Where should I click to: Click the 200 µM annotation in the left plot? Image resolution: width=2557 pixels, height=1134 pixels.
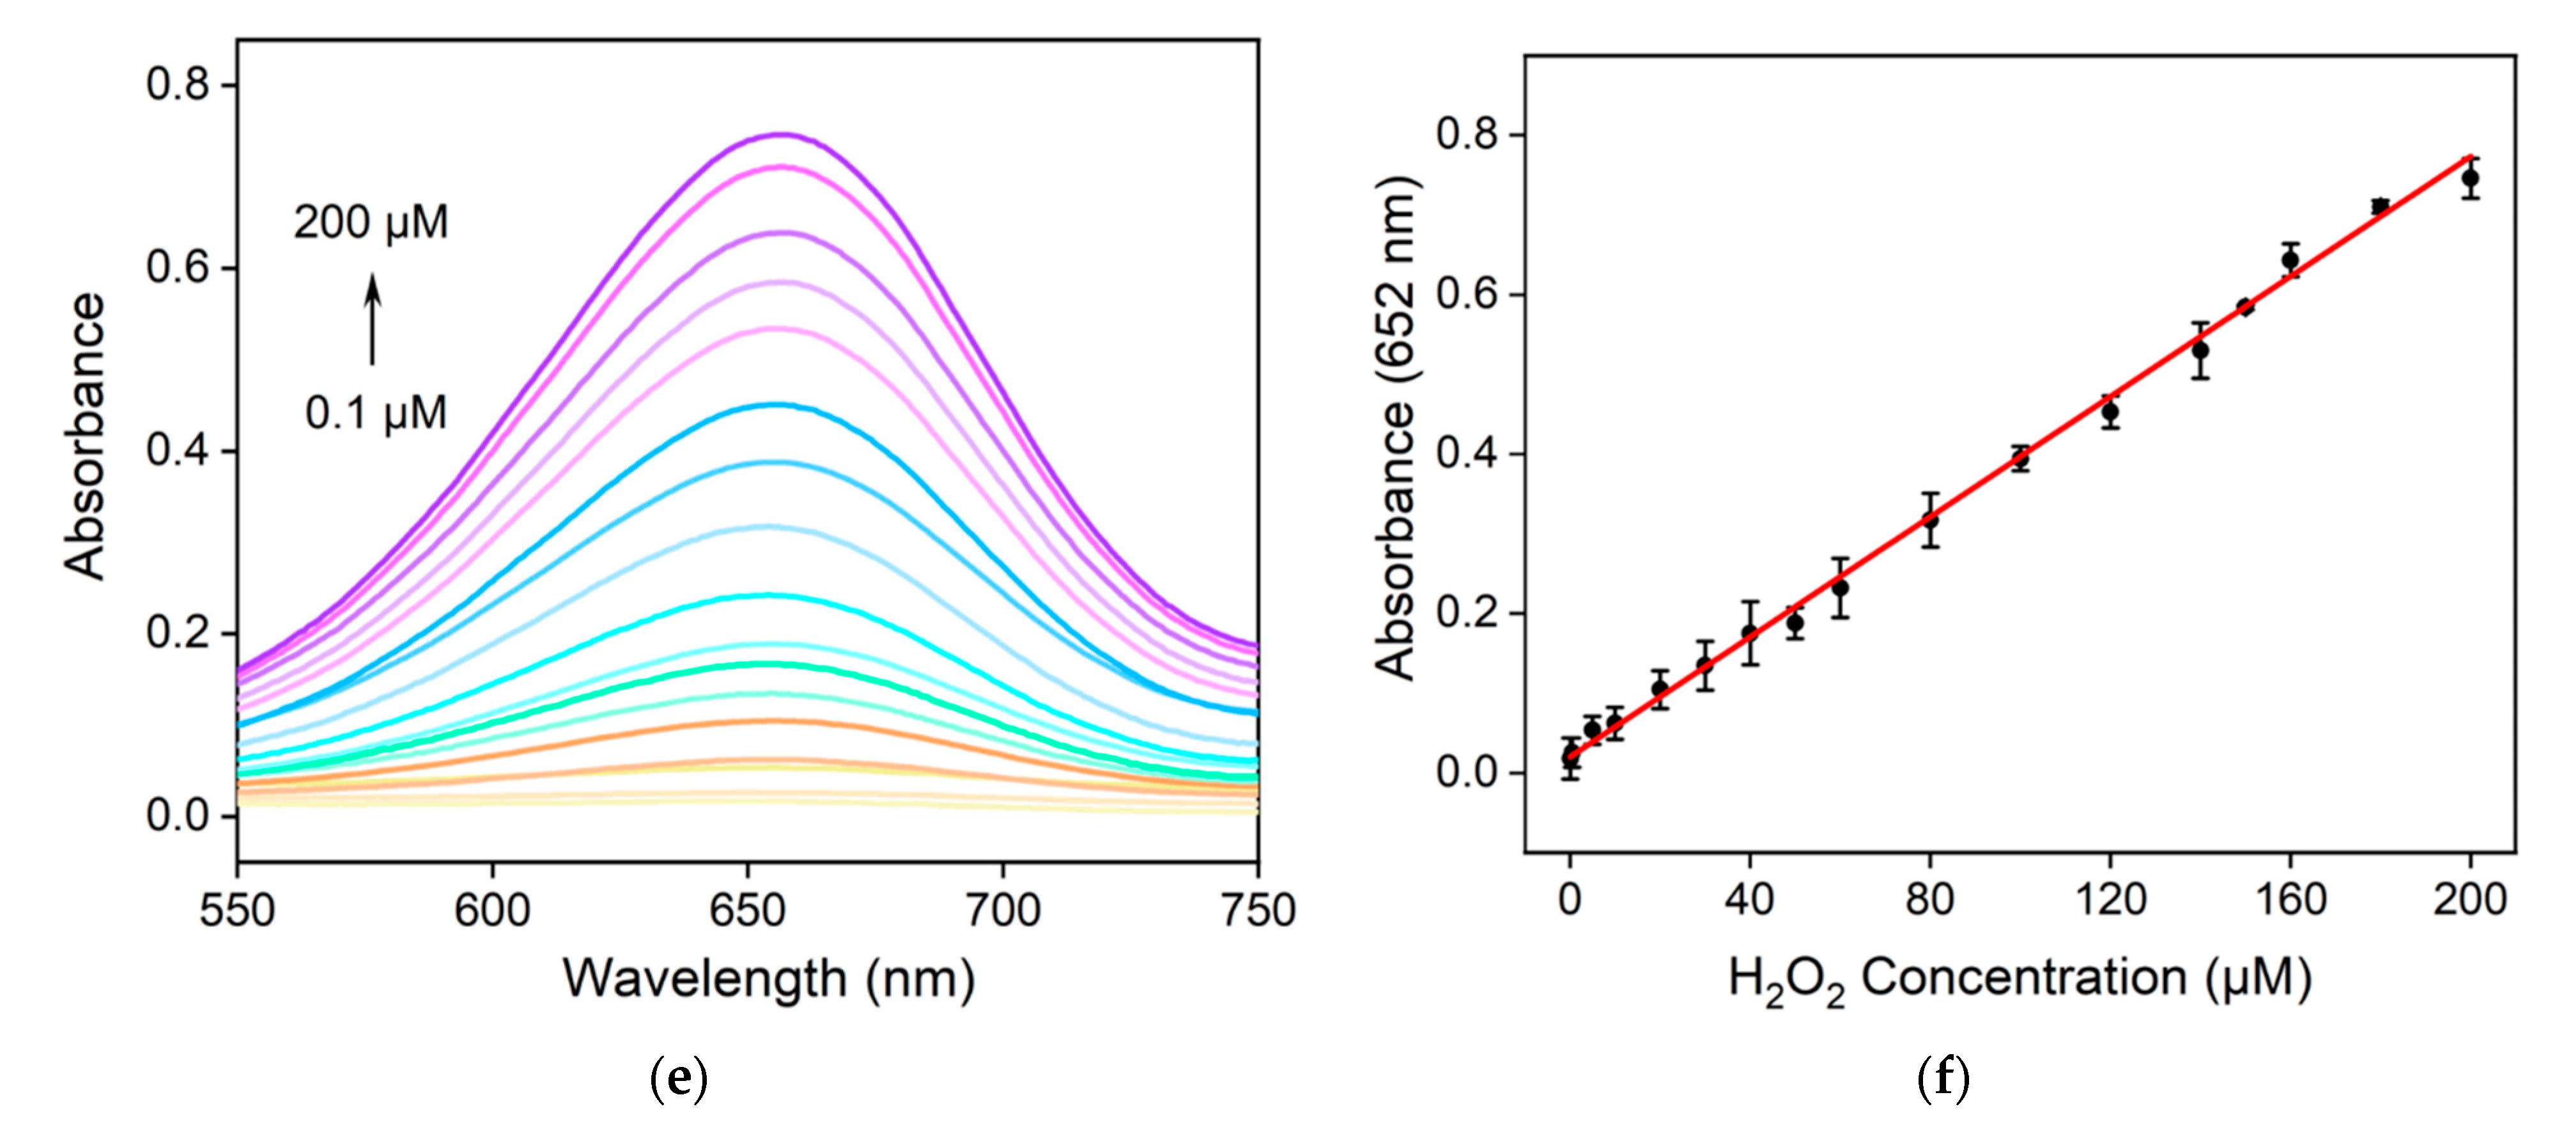pyautogui.click(x=371, y=222)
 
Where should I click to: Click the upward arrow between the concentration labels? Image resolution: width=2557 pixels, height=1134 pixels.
pyautogui.click(x=372, y=319)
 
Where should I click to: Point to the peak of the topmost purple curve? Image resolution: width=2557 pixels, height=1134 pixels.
pyautogui.click(x=781, y=134)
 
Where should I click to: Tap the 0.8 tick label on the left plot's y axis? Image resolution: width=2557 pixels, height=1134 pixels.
pyautogui.click(x=179, y=84)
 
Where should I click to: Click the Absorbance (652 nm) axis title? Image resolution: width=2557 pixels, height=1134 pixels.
pyautogui.click(x=1396, y=429)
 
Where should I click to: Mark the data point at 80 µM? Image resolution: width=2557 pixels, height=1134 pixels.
pyautogui.click(x=1929, y=520)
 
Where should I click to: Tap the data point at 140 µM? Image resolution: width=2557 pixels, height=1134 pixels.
pyautogui.click(x=2200, y=350)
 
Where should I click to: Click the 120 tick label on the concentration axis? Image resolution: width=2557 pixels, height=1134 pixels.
pyautogui.click(x=2110, y=899)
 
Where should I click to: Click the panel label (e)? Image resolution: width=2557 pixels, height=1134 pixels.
pyautogui.click(x=678, y=1078)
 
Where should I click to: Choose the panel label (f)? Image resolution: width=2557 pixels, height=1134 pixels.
pyautogui.click(x=1943, y=1078)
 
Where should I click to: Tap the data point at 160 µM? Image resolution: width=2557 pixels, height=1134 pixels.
pyautogui.click(x=2290, y=260)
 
